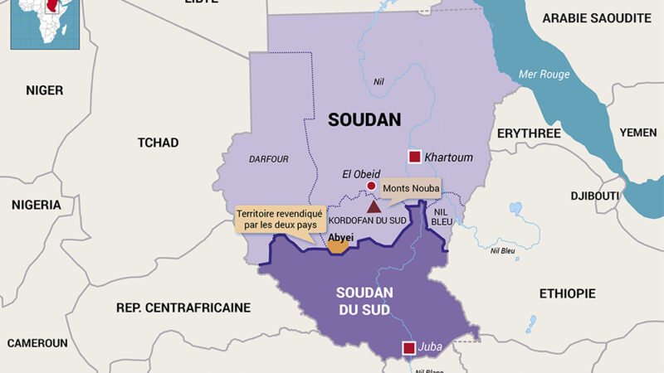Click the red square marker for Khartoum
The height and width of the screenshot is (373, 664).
click(x=413, y=157)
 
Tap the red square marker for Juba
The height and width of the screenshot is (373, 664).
click(x=408, y=348)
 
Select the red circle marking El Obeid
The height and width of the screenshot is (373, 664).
click(x=360, y=186)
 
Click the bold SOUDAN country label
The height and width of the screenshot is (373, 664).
click(x=364, y=119)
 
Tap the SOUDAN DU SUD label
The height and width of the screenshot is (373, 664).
click(x=365, y=303)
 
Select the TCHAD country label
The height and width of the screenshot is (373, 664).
click(x=158, y=143)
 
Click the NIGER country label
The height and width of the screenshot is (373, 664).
click(x=44, y=90)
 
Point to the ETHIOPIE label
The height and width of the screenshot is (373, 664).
click(x=567, y=293)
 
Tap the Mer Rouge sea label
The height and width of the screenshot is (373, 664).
click(x=544, y=75)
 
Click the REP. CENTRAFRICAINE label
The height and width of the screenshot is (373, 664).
click(x=183, y=308)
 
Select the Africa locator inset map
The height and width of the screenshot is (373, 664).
click(x=37, y=22)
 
